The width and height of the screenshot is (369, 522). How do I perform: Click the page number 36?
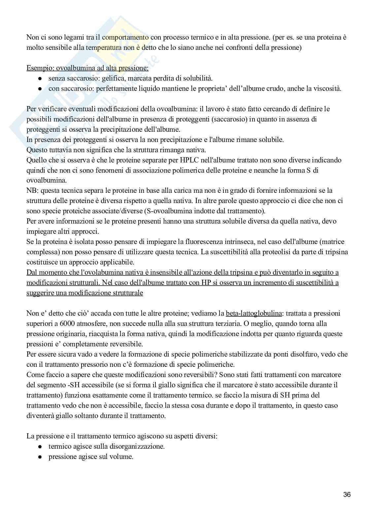coord(347,495)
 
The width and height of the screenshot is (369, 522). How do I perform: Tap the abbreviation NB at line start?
coord(32,191)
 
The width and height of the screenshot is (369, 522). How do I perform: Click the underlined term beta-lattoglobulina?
coord(253,313)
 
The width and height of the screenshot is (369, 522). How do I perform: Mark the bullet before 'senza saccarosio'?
coord(40,79)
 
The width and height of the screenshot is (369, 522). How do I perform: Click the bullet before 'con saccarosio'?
coord(40,89)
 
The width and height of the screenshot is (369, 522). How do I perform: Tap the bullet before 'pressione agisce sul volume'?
coord(40,457)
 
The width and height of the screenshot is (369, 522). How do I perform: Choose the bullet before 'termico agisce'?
coord(40,447)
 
